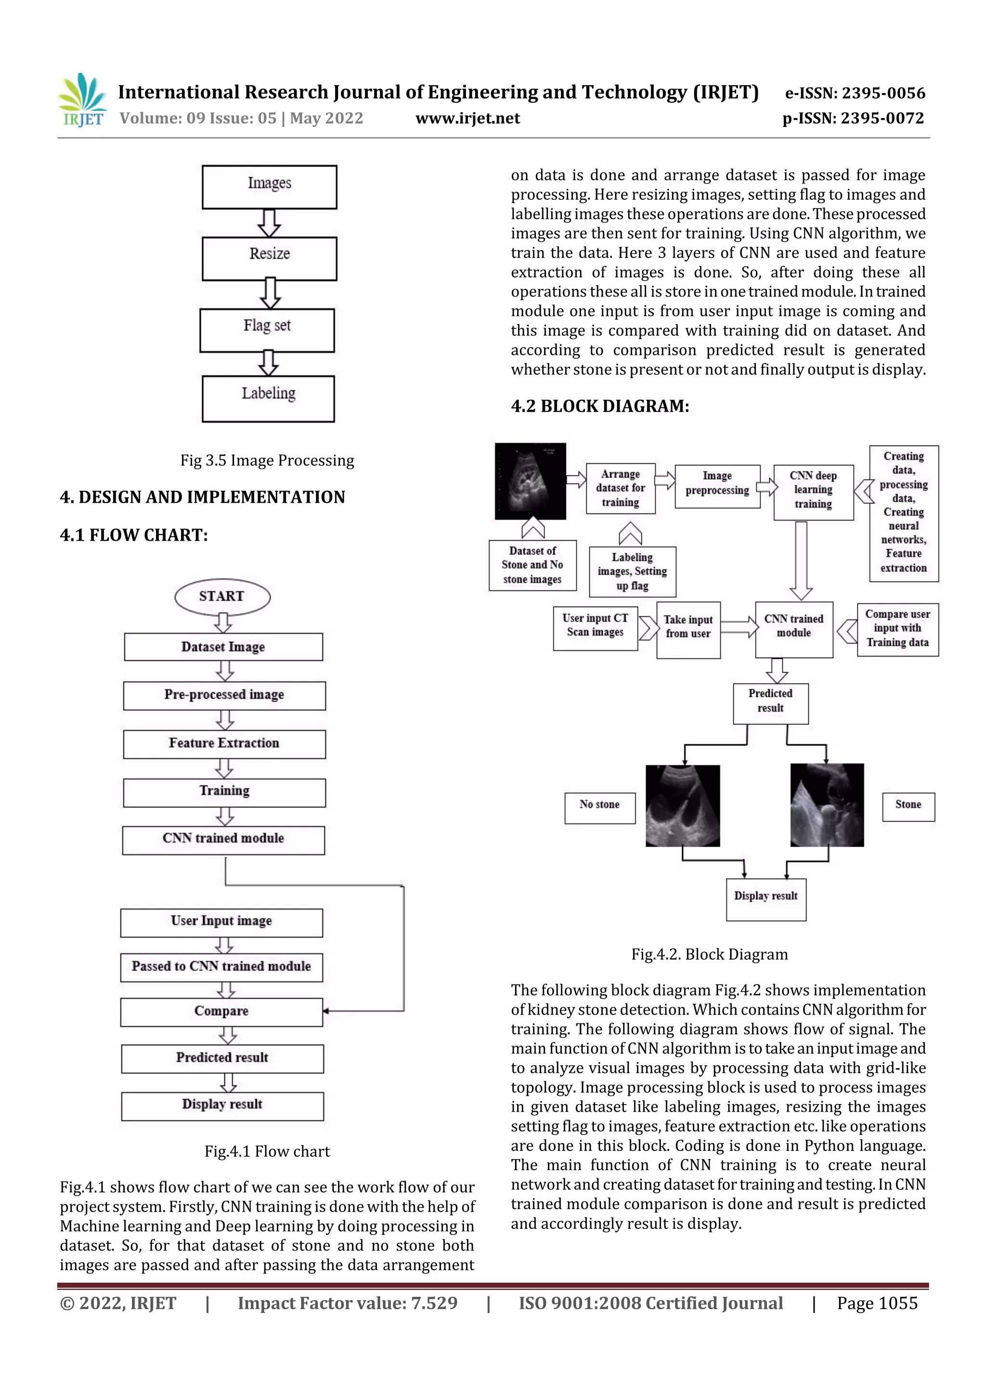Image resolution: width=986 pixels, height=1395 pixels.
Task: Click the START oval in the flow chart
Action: tap(222, 597)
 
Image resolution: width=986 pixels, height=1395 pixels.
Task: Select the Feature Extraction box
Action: tap(224, 743)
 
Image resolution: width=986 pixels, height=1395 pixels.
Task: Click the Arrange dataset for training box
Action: tap(620, 488)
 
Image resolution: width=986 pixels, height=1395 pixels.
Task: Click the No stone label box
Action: tap(599, 808)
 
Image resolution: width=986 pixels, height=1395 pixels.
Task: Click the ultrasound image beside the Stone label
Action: tap(827, 805)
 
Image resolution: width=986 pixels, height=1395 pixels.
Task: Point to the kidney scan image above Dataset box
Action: tap(531, 481)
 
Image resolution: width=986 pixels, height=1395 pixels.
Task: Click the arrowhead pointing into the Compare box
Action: tap(326, 1011)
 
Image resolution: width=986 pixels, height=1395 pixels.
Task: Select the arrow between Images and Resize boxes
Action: tap(269, 223)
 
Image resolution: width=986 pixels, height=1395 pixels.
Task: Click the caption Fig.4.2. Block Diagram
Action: tap(710, 954)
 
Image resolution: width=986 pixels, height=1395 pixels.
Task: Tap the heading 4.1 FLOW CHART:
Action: tap(134, 535)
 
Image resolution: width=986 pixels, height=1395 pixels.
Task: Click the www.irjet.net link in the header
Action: tap(468, 118)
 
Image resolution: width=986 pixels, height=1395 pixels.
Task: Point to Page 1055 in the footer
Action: tap(877, 1303)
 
